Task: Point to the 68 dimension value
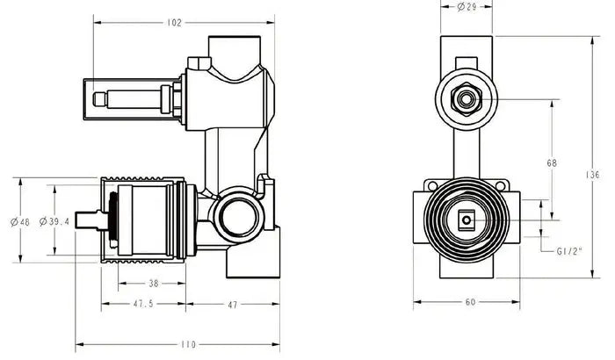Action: click(551, 162)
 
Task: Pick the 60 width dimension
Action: click(470, 302)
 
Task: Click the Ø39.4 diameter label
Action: click(54, 221)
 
